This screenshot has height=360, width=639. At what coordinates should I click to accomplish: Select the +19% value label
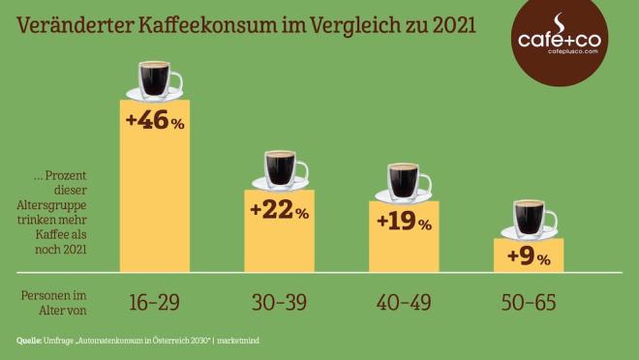point(403,223)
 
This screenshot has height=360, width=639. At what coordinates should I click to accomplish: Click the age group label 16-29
point(154,302)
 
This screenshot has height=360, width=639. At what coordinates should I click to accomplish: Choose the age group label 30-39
point(279,302)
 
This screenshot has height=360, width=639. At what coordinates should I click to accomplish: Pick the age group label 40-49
point(404,302)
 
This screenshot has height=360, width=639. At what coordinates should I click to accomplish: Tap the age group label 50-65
point(529,302)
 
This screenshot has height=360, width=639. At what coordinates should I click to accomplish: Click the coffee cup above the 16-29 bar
point(155,79)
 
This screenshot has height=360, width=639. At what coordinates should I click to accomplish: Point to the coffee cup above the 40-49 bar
point(403,181)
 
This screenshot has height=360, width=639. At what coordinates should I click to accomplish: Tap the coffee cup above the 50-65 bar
point(529,218)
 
